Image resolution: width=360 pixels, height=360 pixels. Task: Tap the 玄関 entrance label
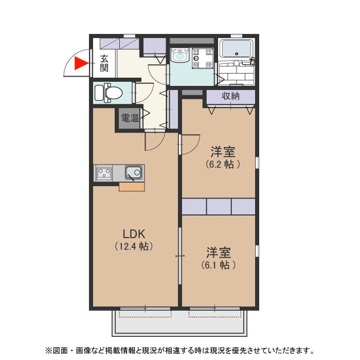coord(104,63)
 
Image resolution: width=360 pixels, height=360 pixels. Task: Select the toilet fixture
coord(110,93)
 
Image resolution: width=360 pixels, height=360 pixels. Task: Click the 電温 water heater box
coord(130,118)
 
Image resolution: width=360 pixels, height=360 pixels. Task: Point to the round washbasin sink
coord(180,56)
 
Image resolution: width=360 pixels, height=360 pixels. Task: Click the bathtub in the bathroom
coord(236,50)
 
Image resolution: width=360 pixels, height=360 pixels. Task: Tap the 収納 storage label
coord(231,96)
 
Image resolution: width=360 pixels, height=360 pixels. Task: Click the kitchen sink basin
coord(133,172)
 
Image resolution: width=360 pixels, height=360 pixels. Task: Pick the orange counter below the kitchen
coord(132,187)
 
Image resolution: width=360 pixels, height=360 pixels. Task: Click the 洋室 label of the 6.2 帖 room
coord(223,152)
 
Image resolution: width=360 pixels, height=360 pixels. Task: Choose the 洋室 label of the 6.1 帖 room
coord(219,253)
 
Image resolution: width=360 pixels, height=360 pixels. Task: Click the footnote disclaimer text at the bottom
coord(180,351)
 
